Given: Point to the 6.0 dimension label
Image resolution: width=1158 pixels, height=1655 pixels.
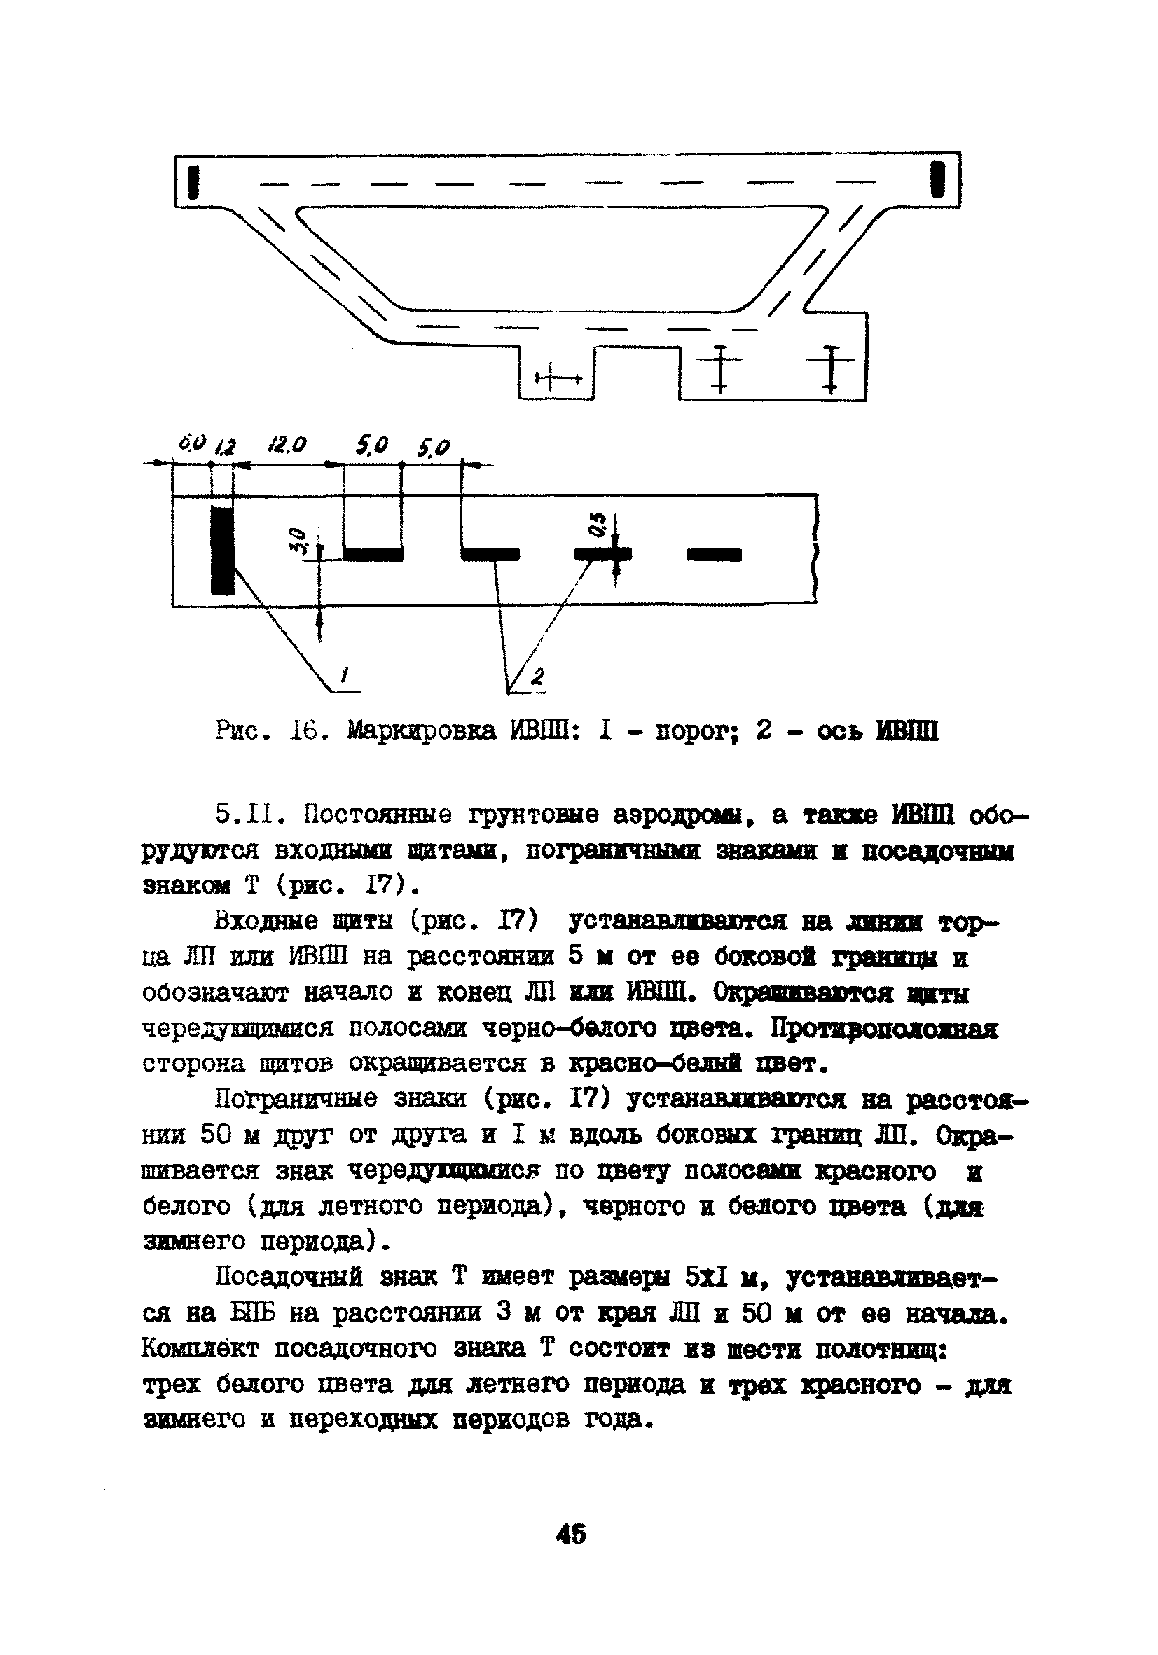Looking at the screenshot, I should pos(192,442).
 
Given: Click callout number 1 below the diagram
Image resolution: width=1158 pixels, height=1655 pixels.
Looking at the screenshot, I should pos(345,675).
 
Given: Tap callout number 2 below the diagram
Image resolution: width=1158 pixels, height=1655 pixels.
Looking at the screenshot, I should pos(538,676).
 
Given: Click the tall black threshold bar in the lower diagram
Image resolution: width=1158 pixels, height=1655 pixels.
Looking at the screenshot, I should pos(223,550).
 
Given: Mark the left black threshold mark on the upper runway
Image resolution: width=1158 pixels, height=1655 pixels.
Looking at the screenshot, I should pos(193,181).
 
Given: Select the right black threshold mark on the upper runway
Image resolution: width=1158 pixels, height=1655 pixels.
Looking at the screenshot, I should pos(937,179).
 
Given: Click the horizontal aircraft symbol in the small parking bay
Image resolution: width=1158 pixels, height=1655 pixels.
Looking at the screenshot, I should pos(558,379).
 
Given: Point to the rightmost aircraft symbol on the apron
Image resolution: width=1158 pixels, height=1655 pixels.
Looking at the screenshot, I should pos(831,368).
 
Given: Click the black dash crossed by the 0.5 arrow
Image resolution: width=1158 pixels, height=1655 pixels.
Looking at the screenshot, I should pos(602,553).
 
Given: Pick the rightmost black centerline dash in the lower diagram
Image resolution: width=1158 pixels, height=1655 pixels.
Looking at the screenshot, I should pos(714,553).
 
